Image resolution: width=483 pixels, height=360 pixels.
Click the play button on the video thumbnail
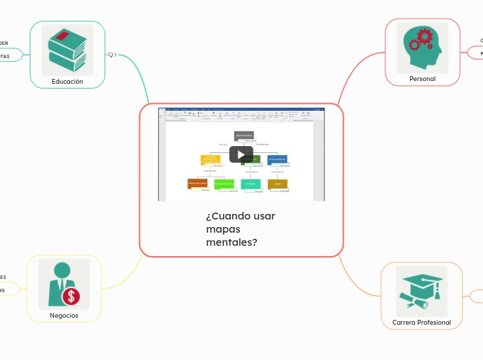(x=241, y=154)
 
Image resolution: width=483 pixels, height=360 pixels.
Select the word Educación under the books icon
(x=67, y=82)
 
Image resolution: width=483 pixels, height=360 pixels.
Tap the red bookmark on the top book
(x=63, y=35)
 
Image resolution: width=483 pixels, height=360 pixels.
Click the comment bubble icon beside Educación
(x=110, y=55)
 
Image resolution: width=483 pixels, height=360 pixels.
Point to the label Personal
(x=422, y=79)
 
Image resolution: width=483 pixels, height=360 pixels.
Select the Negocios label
(x=64, y=316)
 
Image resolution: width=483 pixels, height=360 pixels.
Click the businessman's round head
(x=62, y=269)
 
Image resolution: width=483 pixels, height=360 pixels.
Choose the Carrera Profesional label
(x=421, y=323)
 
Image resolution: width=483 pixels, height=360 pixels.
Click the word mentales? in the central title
(x=231, y=242)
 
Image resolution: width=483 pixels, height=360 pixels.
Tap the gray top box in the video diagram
(x=244, y=135)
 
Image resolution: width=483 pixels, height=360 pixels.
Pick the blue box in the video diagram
(x=277, y=159)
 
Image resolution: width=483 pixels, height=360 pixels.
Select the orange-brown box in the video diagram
(x=197, y=183)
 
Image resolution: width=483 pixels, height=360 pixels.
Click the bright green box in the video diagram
(x=224, y=183)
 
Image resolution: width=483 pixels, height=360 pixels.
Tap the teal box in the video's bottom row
(x=250, y=183)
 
